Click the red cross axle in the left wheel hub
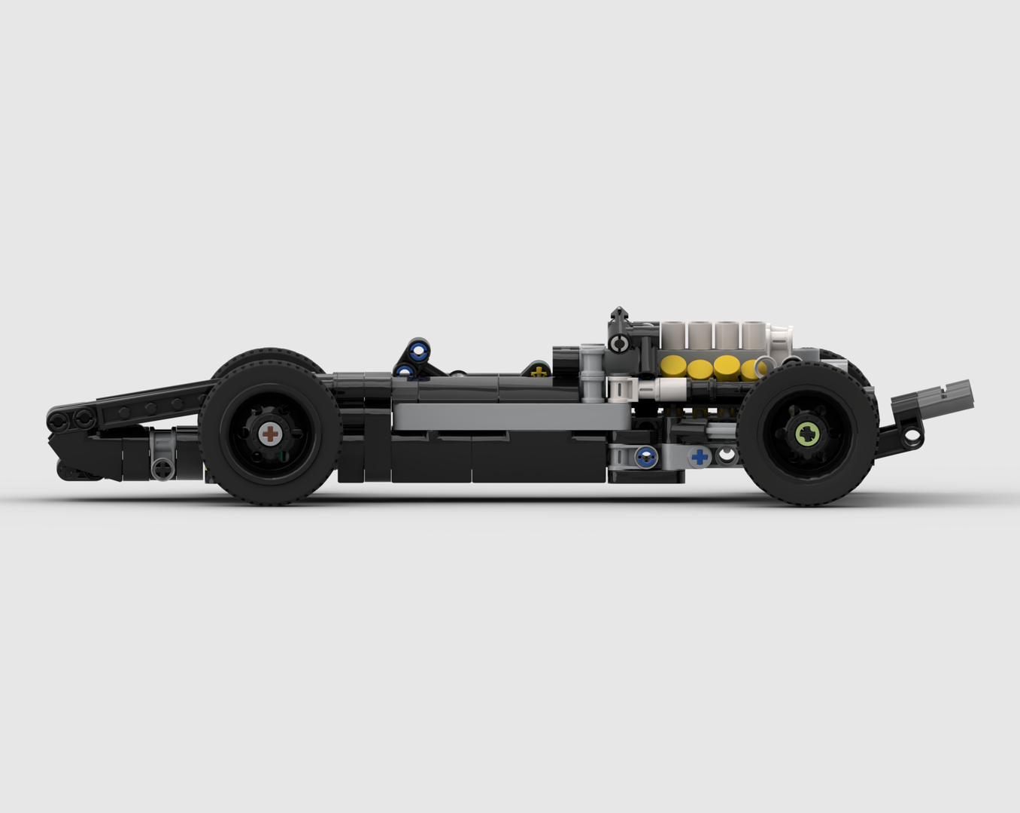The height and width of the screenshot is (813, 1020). (x=270, y=434)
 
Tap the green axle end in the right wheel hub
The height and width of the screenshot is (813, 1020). (x=807, y=434)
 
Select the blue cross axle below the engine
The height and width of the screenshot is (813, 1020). (x=700, y=456)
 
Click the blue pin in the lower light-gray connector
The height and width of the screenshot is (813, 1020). (x=645, y=455)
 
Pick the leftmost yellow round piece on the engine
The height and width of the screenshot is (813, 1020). (x=674, y=366)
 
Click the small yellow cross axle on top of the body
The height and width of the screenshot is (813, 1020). (x=537, y=370)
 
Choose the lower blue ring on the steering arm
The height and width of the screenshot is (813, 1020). (x=406, y=370)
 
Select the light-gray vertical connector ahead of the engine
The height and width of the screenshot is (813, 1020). (x=591, y=373)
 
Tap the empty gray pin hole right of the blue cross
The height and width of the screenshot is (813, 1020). (x=727, y=454)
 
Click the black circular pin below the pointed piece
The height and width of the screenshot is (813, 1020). (x=620, y=345)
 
